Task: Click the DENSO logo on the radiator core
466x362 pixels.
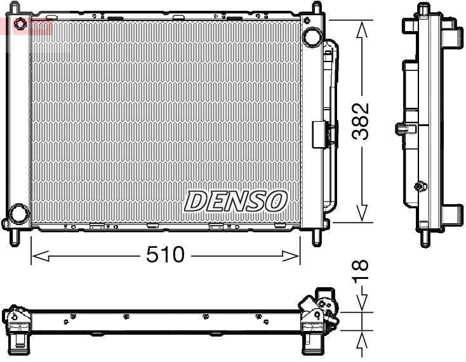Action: tap(236, 201)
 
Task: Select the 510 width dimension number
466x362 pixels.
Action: tap(165, 255)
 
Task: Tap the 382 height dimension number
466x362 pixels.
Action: tap(361, 122)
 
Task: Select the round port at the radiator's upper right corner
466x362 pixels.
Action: tap(311, 36)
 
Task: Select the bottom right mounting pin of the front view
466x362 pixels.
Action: tap(316, 237)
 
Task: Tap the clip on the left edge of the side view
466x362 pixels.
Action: tap(402, 129)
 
